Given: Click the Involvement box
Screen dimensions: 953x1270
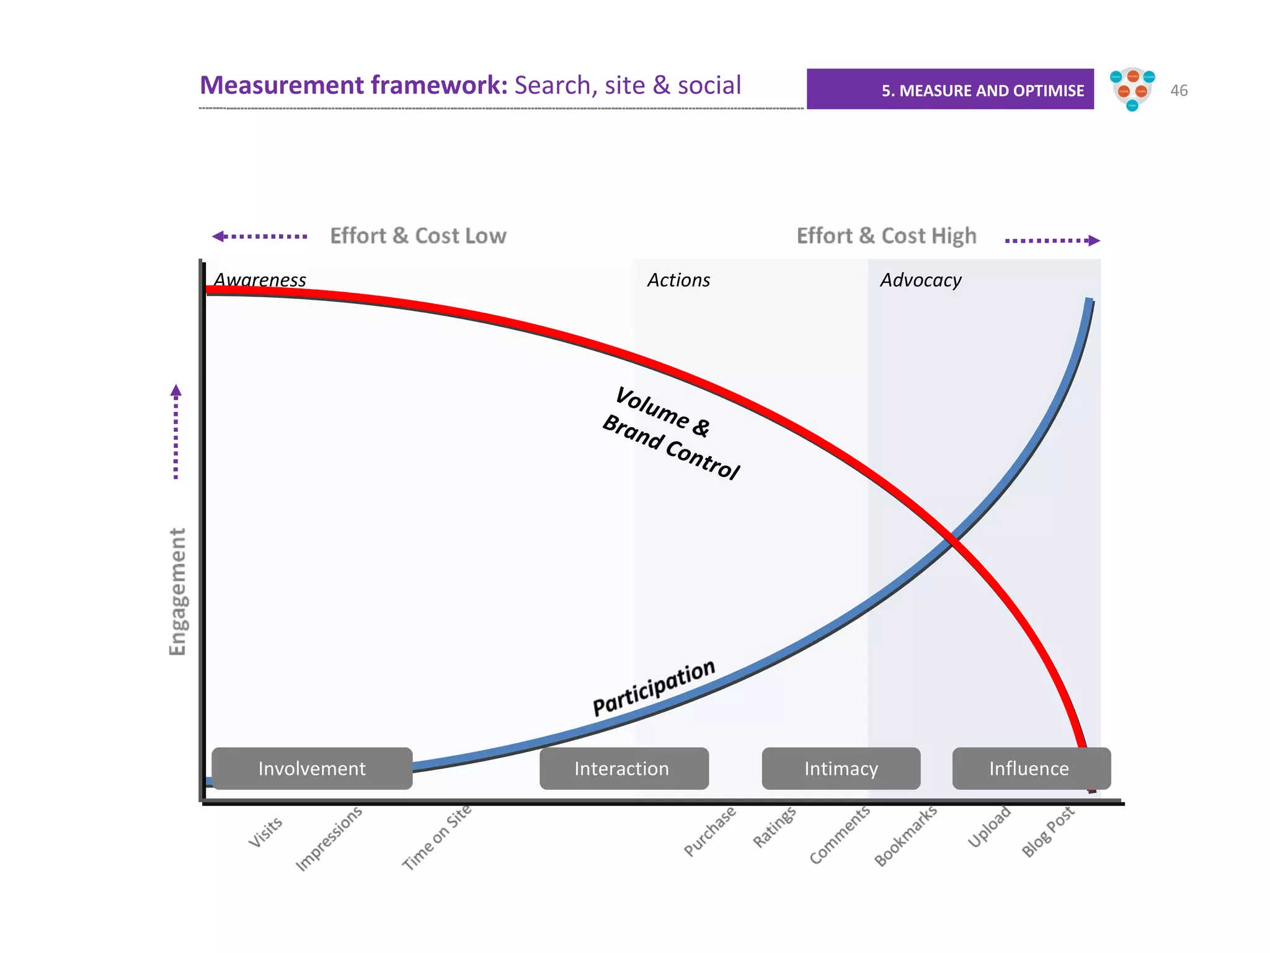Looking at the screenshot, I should click(312, 768).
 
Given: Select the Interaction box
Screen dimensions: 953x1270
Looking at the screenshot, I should click(624, 768).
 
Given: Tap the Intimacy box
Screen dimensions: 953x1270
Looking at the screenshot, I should click(841, 768).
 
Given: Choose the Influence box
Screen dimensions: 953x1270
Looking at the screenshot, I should click(1031, 768).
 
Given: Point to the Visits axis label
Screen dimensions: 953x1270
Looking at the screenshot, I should click(265, 832).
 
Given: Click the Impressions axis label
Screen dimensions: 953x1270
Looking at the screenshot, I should click(329, 838).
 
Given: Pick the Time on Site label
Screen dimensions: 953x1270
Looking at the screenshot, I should click(437, 837).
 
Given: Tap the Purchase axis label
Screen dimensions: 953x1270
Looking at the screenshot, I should click(710, 831).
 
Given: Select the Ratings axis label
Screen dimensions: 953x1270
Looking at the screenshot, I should click(775, 826).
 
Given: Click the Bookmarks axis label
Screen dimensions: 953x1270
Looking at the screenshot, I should click(905, 836).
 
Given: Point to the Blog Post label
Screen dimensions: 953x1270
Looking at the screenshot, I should click(1047, 831).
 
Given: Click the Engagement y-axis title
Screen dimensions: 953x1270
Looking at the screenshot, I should click(177, 591).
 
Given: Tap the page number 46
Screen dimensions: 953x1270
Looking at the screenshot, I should click(1179, 91).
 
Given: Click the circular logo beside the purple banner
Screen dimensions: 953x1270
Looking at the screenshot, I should click(1132, 89).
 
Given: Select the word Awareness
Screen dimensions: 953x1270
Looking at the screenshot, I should click(260, 280).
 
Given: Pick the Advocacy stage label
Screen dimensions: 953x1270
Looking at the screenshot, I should click(921, 280).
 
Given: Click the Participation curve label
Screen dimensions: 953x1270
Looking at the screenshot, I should click(654, 688).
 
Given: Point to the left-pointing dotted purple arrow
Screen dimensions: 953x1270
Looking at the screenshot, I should click(260, 236).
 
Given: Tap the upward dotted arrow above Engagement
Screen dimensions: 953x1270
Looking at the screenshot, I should click(176, 431).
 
